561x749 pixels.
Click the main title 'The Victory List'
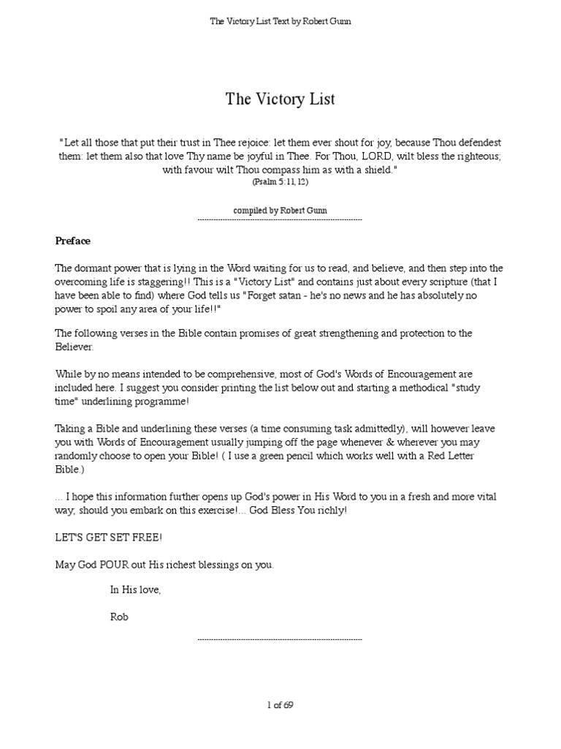(280, 99)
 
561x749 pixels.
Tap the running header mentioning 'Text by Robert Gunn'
(280, 21)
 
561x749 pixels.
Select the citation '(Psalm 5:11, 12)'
(280, 181)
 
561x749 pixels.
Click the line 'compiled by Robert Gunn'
(280, 210)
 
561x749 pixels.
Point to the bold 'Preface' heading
(73, 240)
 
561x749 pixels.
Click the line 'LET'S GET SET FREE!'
(109, 538)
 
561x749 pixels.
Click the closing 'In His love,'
(135, 589)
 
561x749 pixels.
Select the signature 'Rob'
(119, 617)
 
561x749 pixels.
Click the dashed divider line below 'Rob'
(280, 639)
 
